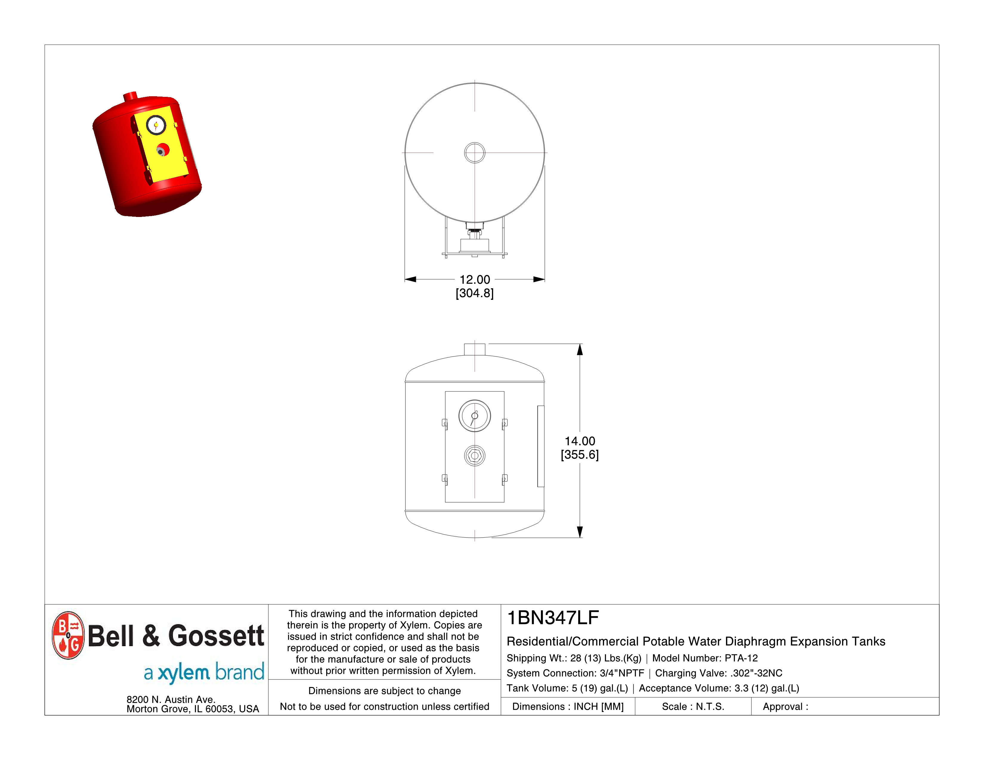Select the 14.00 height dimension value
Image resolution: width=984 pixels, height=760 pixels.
580,441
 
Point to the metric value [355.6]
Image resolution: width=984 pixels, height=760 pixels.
580,455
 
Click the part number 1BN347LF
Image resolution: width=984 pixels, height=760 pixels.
553,618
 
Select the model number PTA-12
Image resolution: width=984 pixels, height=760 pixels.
741,658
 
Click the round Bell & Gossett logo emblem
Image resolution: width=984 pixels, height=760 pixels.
68,635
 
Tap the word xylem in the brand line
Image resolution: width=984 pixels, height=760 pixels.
184,673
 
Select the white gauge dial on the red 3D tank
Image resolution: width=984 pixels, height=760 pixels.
156,125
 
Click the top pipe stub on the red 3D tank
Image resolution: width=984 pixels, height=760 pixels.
130,96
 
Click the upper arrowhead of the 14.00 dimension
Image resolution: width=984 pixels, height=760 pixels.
580,349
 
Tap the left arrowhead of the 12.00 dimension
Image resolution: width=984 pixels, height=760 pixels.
410,280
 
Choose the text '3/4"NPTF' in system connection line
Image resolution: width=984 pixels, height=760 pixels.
622,673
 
